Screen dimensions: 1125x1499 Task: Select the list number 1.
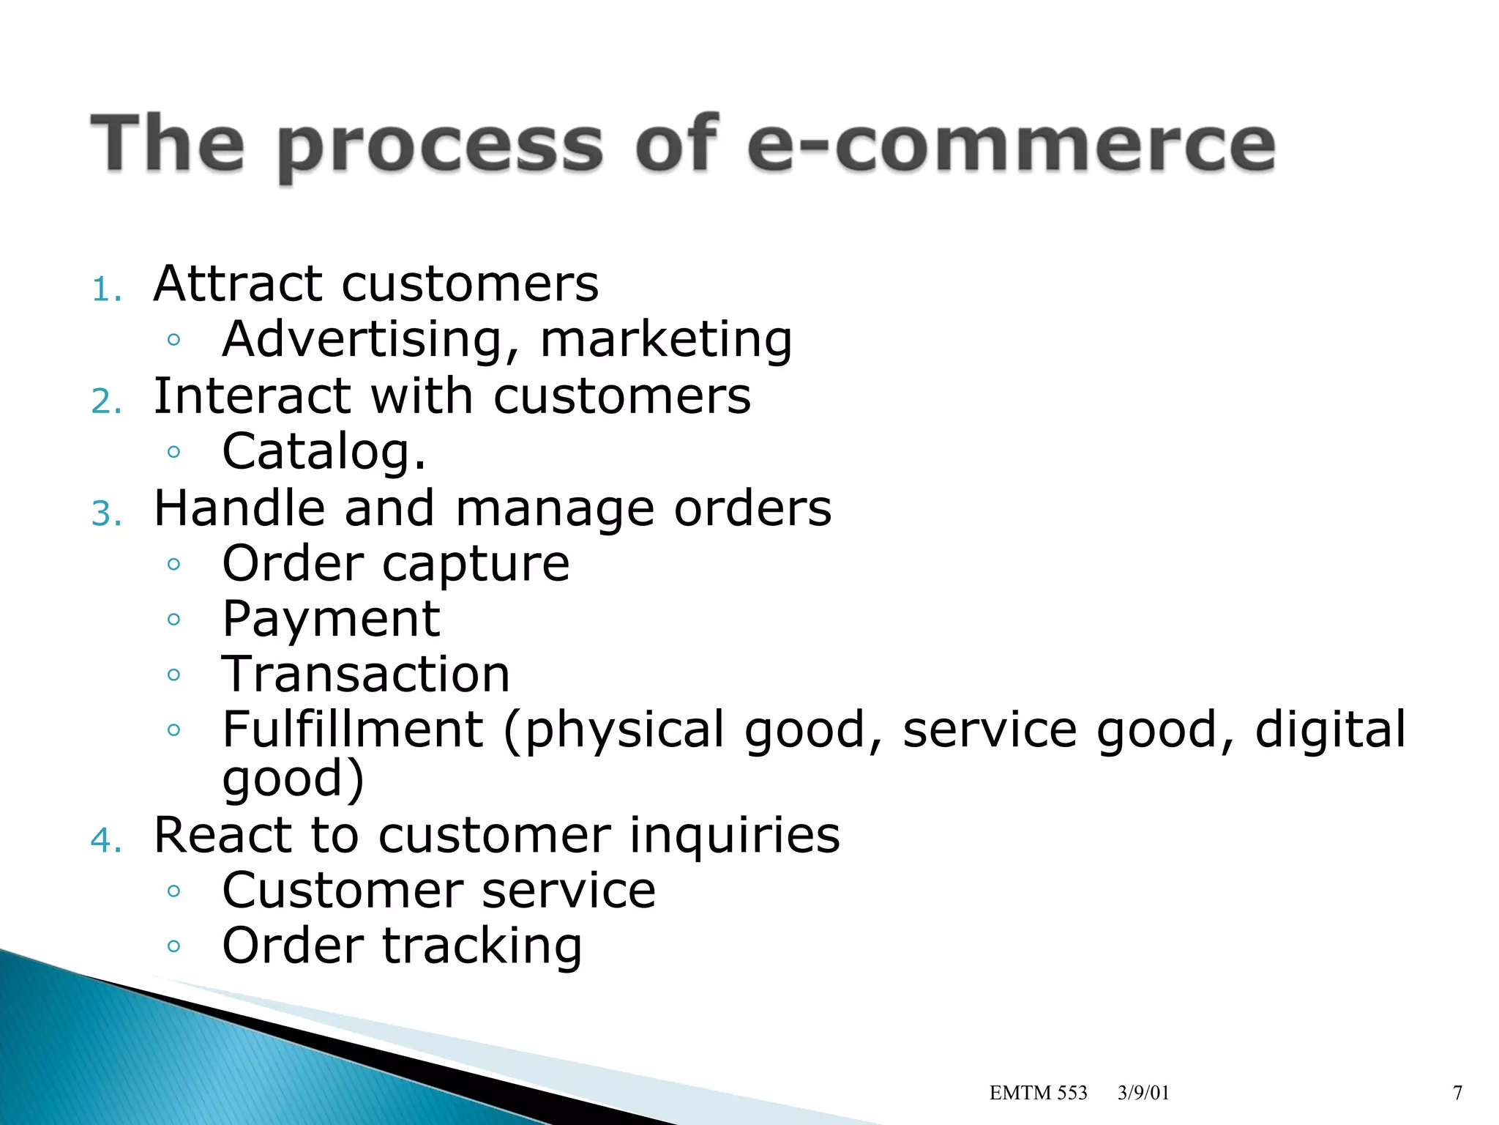(105, 290)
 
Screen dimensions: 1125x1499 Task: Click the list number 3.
(105, 514)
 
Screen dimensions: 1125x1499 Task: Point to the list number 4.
(105, 840)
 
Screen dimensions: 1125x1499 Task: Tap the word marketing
(666, 341)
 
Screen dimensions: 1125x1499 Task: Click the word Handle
(239, 508)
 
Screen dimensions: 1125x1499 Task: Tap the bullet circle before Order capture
(173, 564)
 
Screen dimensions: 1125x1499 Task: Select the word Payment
(331, 620)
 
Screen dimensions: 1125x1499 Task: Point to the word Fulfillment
(353, 729)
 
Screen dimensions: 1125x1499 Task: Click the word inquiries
(734, 835)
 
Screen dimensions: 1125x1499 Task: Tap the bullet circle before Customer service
(173, 891)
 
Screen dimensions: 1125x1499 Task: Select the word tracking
(482, 946)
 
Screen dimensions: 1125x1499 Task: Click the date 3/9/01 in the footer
(1143, 1093)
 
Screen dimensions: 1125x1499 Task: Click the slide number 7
(1457, 1093)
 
